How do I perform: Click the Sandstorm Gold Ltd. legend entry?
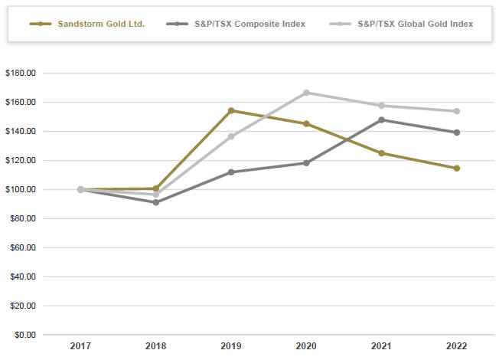93,24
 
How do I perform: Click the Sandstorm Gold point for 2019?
231,110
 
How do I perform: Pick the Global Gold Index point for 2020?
306,93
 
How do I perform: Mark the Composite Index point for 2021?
381,119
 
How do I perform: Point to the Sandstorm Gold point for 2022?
456,168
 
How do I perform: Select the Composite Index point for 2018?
156,202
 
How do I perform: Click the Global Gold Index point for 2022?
456,111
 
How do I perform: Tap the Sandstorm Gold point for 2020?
306,123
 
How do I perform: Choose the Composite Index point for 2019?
231,172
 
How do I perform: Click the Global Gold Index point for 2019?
231,136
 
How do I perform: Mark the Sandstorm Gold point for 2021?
381,153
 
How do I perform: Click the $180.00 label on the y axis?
21,74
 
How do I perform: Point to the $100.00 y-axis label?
21,190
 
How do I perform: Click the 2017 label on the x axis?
81,347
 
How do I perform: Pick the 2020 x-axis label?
306,347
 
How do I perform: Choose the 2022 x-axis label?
456,347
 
